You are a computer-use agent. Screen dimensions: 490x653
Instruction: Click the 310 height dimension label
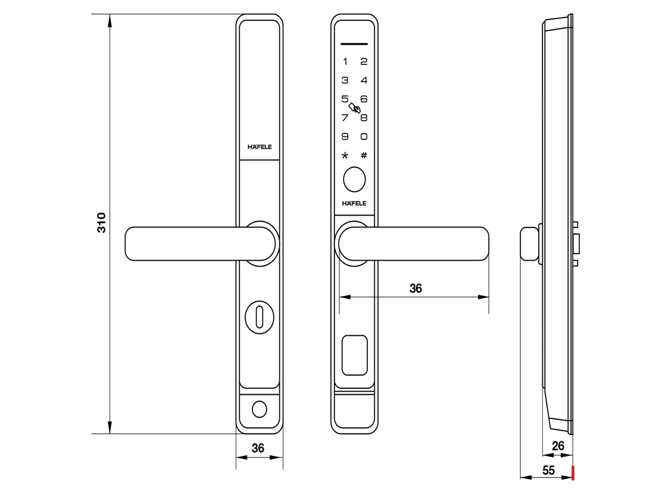coord(101,222)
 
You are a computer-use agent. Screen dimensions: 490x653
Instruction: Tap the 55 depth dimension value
coord(548,470)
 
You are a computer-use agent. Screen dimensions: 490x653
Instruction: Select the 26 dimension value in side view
coord(558,445)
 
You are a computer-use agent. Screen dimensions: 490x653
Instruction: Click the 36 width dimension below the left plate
coord(258,448)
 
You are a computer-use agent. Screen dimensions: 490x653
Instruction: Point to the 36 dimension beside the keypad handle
coord(415,288)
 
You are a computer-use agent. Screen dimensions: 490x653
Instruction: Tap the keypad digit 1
coord(345,61)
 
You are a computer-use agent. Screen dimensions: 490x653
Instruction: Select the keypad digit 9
coord(345,136)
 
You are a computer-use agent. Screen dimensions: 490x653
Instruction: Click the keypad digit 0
coord(364,136)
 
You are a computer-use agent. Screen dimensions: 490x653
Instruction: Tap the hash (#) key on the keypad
coord(364,155)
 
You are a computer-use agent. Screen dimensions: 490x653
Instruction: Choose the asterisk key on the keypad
coord(345,156)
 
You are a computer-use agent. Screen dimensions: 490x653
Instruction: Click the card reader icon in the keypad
coord(355,108)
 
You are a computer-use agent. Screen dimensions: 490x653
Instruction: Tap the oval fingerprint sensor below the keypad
coord(354,180)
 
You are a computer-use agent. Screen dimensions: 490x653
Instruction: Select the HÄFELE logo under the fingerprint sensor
coord(354,204)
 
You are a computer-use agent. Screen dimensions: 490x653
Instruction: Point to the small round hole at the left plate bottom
coord(259,410)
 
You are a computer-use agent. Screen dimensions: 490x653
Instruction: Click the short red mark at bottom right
coord(573,473)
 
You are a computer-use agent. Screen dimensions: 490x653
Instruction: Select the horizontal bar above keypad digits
coord(354,44)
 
